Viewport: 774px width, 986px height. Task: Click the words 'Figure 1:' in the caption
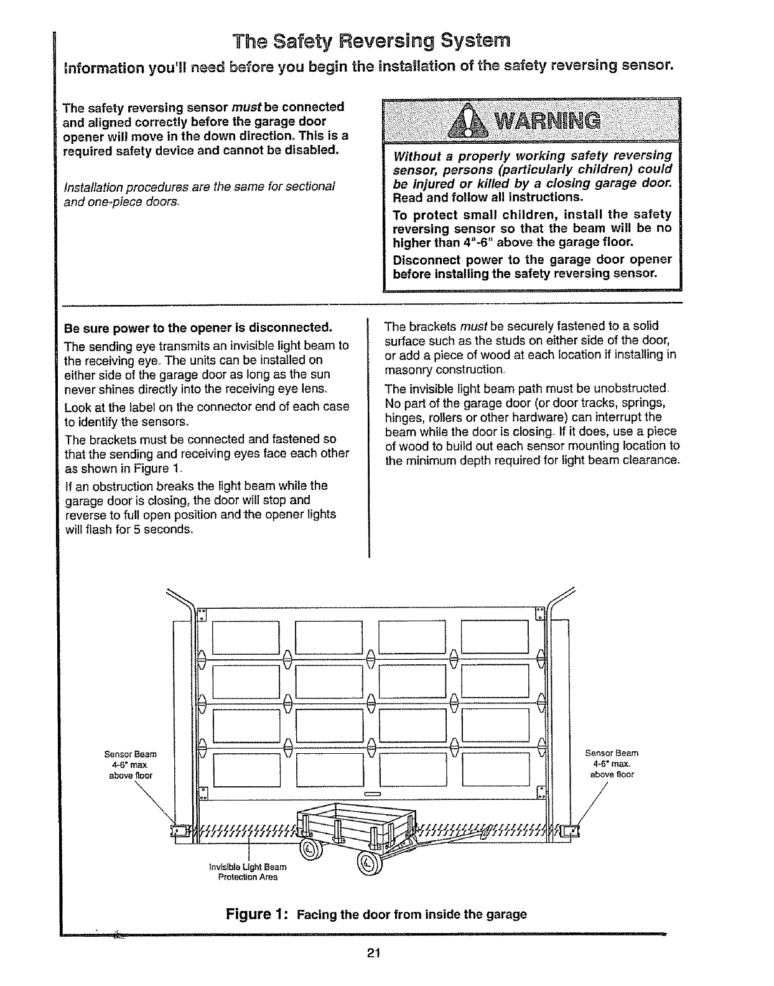[261, 914]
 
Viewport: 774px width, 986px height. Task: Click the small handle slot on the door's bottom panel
[371, 795]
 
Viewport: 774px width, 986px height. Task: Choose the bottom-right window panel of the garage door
[495, 769]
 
